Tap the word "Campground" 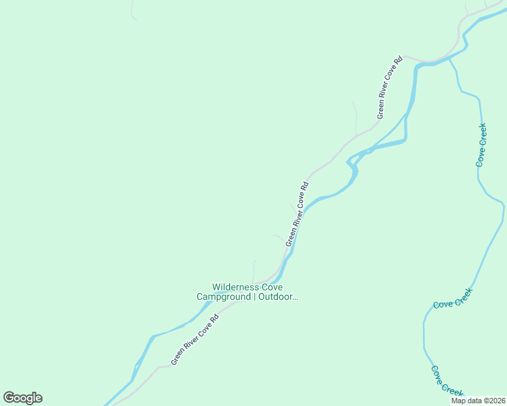[224, 297]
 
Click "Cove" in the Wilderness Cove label [269, 288]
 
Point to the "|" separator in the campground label [254, 297]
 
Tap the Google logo [22, 398]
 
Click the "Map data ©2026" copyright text [478, 401]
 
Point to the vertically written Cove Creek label [481, 145]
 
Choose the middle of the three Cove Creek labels [452, 298]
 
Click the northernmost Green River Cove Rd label [390, 87]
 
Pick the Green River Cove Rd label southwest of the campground [195, 339]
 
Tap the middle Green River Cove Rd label [297, 213]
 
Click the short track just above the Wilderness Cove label [254, 271]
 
